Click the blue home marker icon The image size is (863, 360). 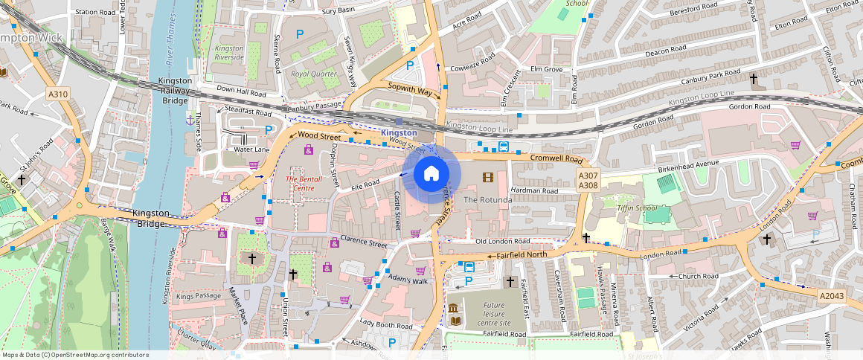(431, 173)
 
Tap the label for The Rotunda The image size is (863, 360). (487, 200)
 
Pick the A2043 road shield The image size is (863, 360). (833, 296)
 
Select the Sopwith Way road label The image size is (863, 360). (409, 89)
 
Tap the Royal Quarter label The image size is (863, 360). (314, 74)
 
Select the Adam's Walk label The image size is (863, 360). (408, 281)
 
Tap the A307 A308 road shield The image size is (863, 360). (588, 179)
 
